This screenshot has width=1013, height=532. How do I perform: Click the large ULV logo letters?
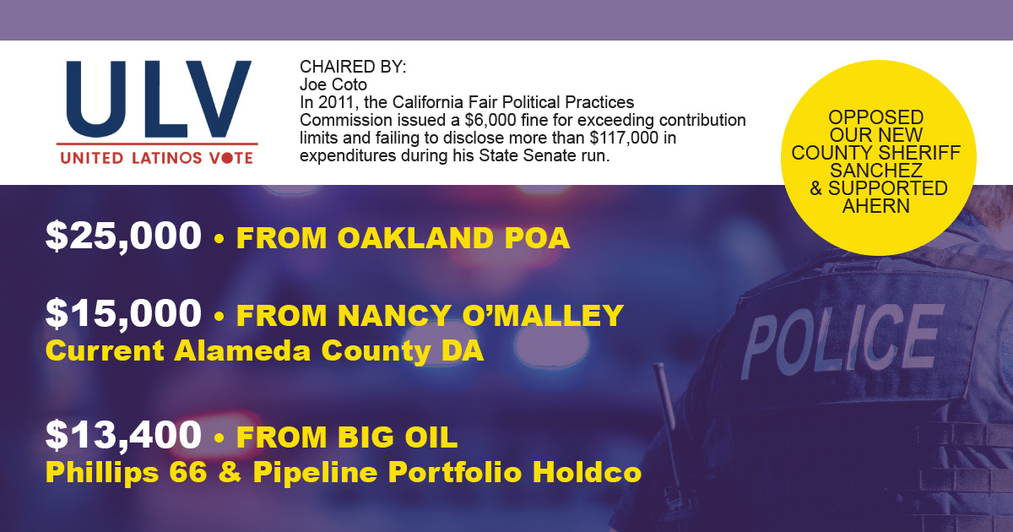click(x=159, y=99)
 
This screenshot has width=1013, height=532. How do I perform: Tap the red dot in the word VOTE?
click(x=227, y=158)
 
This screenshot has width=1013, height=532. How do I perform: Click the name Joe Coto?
click(x=333, y=84)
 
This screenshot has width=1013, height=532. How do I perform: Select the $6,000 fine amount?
click(x=490, y=120)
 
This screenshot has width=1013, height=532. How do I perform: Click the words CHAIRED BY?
click(x=353, y=67)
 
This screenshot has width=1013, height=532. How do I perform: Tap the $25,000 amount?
click(x=123, y=236)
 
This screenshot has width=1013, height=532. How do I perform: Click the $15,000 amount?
click(x=123, y=313)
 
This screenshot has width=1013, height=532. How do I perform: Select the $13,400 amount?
click(x=123, y=435)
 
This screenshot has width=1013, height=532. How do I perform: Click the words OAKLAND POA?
click(x=453, y=238)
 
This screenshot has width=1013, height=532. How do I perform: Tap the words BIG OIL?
click(x=398, y=437)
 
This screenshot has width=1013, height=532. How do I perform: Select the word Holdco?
click(x=587, y=472)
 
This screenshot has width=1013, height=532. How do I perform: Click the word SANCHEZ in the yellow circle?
click(x=876, y=171)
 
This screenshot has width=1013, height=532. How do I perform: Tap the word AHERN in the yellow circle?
click(x=876, y=206)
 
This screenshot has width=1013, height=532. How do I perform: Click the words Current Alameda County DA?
click(x=264, y=351)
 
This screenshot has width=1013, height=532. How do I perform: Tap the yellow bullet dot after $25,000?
click(x=219, y=238)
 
